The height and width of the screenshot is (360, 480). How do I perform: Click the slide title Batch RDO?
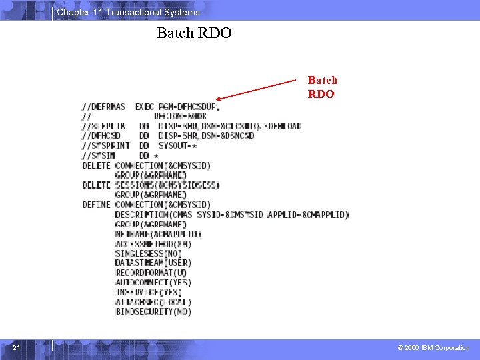[x=194, y=33]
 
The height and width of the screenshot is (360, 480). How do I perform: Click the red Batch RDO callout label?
[x=322, y=87]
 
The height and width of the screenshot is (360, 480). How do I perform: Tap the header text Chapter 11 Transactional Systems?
[x=128, y=13]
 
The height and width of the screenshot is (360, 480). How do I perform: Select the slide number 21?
[x=17, y=347]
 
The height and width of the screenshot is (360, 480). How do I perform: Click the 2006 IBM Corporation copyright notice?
[x=433, y=347]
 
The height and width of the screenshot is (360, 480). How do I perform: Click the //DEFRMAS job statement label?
[x=104, y=107]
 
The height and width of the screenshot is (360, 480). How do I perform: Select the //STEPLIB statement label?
[x=104, y=126]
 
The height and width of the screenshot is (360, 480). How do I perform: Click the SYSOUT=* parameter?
[x=177, y=145]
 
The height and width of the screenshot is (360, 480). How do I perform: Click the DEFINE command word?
[x=96, y=205]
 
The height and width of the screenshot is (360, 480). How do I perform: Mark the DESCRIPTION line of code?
[x=231, y=215]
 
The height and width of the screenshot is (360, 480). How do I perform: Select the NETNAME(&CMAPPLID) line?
[x=158, y=234]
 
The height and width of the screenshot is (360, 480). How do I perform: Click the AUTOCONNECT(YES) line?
[x=153, y=283]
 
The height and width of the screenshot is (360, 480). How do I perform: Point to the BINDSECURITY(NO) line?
[x=153, y=312]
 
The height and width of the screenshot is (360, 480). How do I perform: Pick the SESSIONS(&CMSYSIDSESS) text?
[x=167, y=185]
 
